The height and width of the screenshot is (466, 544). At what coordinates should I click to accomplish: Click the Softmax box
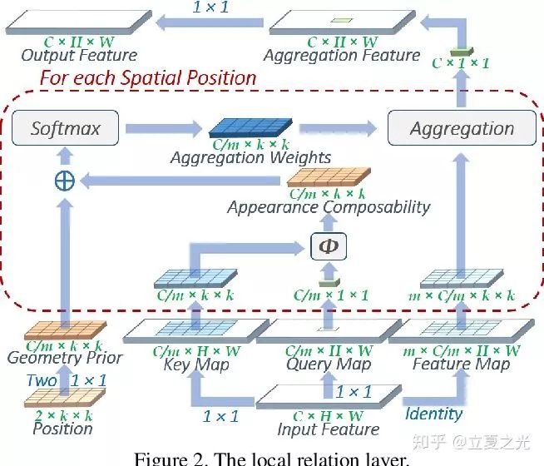(x=65, y=129)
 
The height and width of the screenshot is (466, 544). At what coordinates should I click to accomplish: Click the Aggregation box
(x=462, y=129)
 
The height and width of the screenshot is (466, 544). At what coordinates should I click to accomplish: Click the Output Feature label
(x=79, y=56)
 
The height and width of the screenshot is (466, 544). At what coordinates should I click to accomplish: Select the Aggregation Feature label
(x=341, y=56)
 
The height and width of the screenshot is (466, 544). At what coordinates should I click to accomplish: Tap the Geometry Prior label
(x=64, y=359)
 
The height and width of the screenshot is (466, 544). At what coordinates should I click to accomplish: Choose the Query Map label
(x=328, y=364)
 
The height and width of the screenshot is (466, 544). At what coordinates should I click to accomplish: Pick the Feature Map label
(x=461, y=364)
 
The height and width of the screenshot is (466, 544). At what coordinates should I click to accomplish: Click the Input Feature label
(x=328, y=430)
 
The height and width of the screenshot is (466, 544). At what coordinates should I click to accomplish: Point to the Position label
(x=62, y=429)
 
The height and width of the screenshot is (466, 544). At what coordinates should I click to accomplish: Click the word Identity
(x=433, y=414)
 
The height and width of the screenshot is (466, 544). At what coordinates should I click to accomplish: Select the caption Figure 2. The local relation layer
(x=271, y=457)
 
